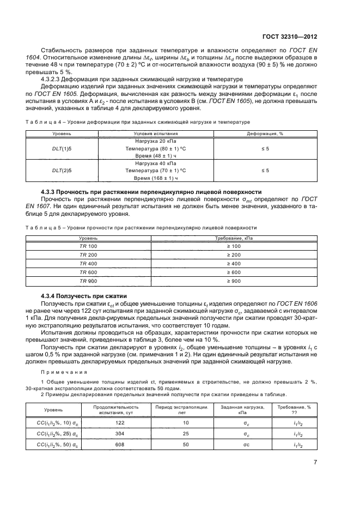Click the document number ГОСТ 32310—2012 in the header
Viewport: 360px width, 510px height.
point(290,37)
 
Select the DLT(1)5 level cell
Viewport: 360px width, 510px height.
point(62,148)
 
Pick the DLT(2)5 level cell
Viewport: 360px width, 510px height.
point(62,171)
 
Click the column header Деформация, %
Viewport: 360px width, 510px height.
point(265,133)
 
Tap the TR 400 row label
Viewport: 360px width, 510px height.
point(88,263)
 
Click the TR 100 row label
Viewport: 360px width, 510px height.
point(88,246)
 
